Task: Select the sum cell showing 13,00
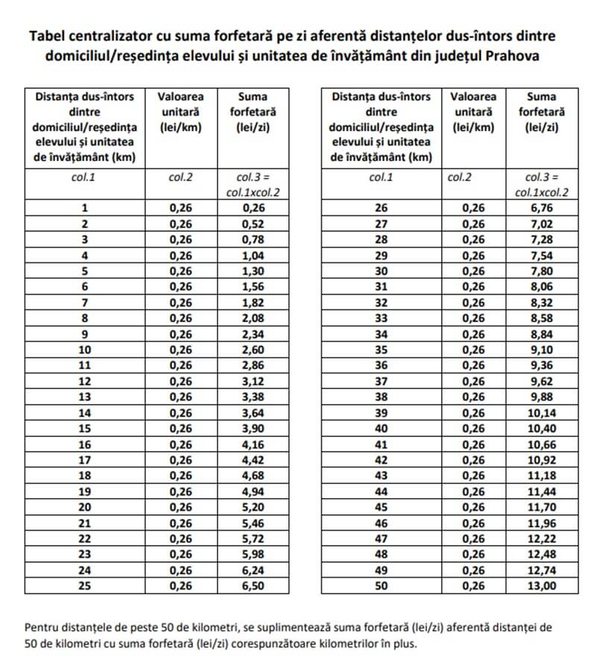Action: click(542, 586)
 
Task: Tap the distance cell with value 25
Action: click(84, 586)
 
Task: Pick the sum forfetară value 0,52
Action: click(253, 224)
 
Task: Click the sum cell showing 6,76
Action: click(542, 208)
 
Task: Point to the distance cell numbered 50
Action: click(381, 586)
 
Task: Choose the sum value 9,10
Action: click(542, 350)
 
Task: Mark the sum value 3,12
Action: click(253, 381)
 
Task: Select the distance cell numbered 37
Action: click(381, 381)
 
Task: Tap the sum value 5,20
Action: click(253, 507)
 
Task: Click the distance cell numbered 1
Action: click(84, 208)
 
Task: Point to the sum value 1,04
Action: click(253, 255)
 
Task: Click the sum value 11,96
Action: click(542, 523)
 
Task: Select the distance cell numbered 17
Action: click(84, 460)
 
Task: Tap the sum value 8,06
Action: click(542, 286)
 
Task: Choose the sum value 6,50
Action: click(253, 586)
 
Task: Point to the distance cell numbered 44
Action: click(381, 491)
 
